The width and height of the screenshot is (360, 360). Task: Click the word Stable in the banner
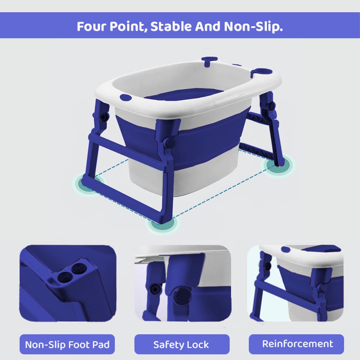(x=171, y=26)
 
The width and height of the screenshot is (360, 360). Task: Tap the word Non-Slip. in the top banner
(x=253, y=27)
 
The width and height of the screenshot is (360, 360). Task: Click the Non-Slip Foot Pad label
(x=67, y=345)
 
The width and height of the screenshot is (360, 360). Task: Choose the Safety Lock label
(x=182, y=345)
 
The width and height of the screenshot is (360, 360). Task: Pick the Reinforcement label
(x=296, y=344)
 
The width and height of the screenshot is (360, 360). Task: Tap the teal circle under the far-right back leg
(x=279, y=165)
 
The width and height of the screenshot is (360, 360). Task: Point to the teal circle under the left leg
(x=89, y=183)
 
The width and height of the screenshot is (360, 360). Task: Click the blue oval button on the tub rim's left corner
(x=126, y=98)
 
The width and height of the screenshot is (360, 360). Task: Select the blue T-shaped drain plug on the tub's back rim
(x=209, y=61)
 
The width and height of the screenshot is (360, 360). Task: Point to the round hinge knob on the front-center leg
(x=170, y=143)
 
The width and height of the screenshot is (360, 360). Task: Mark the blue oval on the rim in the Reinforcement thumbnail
(x=285, y=249)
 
